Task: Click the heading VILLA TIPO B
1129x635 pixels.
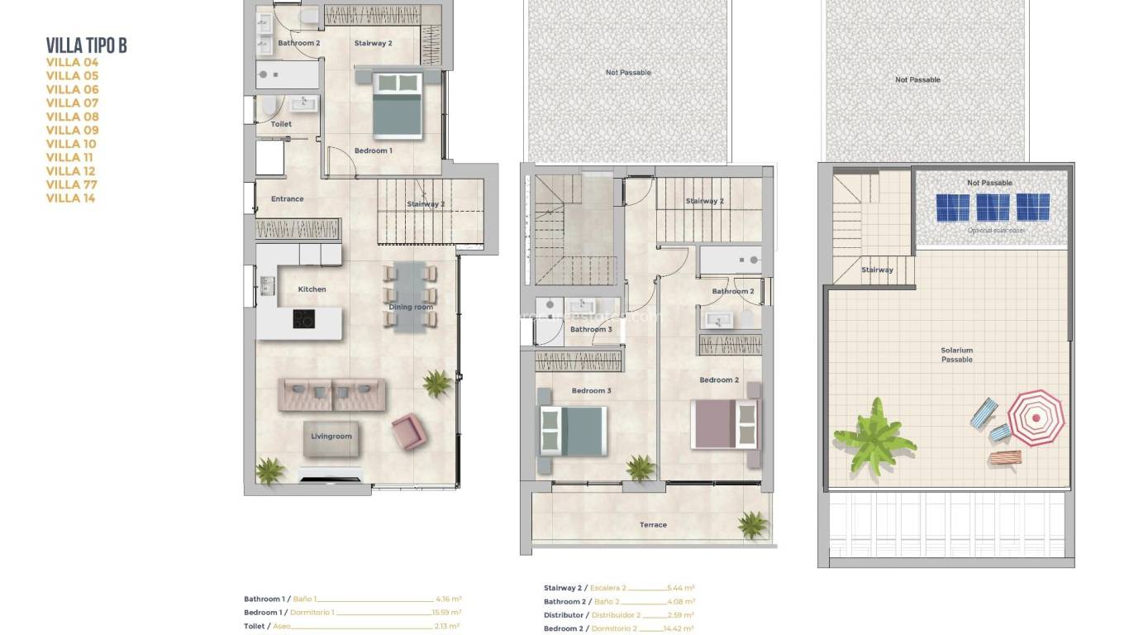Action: tap(87, 45)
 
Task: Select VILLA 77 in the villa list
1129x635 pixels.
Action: tap(72, 184)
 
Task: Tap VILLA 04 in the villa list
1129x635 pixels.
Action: tap(72, 62)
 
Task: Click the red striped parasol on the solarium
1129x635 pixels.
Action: tap(1036, 418)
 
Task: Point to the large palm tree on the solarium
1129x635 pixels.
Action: tap(874, 435)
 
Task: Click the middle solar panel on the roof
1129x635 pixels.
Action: tap(993, 207)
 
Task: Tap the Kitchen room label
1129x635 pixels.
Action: tap(312, 289)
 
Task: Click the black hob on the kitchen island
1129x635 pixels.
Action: tap(303, 318)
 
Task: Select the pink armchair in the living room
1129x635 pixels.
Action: tap(408, 432)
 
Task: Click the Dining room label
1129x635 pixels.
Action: tap(411, 308)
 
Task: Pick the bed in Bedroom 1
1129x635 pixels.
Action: tap(397, 105)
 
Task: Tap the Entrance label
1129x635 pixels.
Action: tap(287, 199)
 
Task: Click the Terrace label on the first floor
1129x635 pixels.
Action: tap(653, 525)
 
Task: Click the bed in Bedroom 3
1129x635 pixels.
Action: tap(573, 430)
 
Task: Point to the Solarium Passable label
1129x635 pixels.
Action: tap(956, 355)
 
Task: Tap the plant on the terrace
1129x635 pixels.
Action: tap(752, 524)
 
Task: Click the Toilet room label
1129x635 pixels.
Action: tap(281, 124)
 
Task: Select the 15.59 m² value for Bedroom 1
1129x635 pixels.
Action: tap(446, 613)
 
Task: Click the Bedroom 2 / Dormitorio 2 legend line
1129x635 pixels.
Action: tap(618, 629)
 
